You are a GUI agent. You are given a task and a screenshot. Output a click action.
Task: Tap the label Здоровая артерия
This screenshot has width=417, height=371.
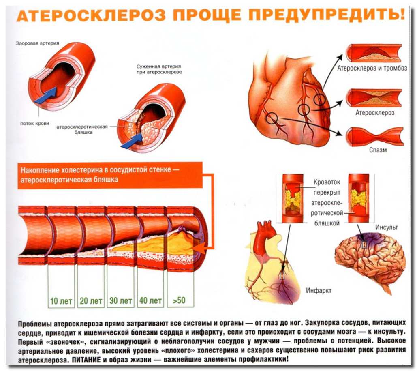coord(38,43)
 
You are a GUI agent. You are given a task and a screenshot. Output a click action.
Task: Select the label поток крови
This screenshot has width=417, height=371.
coord(35,124)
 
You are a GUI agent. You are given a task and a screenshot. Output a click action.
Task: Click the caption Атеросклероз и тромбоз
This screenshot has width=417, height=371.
coord(372,69)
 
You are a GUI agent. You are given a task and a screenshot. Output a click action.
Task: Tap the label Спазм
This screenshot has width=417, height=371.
coord(378,150)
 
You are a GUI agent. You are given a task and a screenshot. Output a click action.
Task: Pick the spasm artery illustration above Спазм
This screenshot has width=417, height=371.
coord(375,136)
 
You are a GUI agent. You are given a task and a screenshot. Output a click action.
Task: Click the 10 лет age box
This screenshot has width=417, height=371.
coord(61,301)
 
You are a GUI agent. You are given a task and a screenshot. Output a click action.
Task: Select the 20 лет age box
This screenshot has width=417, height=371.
coord(91,301)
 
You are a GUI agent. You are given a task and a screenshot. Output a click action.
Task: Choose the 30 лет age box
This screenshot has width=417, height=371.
coord(120,301)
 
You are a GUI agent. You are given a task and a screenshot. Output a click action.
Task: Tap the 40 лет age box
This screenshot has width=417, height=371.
coord(150,301)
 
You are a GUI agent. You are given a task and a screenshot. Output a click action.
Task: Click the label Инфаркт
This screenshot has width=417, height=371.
coord(319,290)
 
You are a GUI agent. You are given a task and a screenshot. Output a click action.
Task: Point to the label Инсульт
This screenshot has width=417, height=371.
coord(387,227)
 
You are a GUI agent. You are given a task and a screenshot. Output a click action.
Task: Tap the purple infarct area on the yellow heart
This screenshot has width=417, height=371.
coord(286,292)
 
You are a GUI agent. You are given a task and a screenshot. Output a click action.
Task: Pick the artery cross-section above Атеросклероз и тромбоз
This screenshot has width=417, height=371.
coord(374,53)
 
